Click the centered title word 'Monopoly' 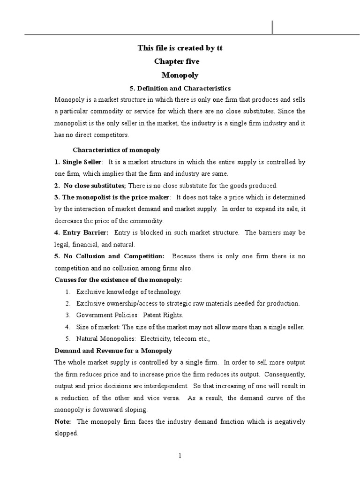point(180,75)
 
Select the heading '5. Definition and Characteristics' point(180,88)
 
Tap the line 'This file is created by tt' point(180,48)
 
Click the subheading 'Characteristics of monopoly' point(116,150)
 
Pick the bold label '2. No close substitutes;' point(90,185)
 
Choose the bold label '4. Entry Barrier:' point(82,232)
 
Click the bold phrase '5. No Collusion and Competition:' point(110,256)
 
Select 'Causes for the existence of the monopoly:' point(118,280)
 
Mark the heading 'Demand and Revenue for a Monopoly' point(113,351)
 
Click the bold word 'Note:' point(63,421)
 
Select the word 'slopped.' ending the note point(66,434)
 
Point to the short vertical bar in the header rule point(272,28)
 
